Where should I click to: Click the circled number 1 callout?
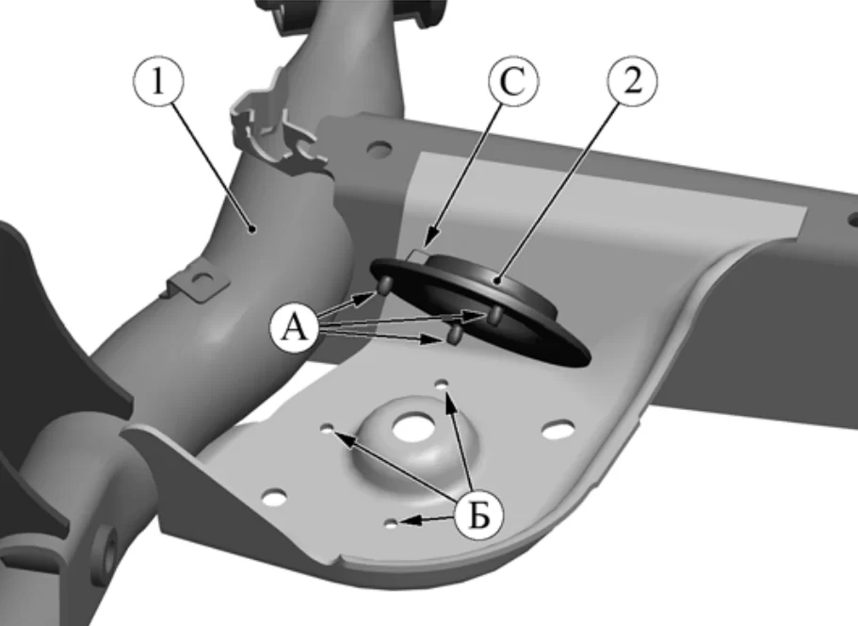[158, 80]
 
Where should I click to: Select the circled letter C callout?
[513, 81]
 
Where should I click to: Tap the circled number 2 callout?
[633, 81]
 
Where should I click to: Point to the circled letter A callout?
[295, 328]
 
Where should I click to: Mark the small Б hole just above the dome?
[442, 383]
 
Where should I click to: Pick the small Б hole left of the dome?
[329, 428]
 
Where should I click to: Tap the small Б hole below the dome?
[391, 523]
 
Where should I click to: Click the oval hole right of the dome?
[558, 429]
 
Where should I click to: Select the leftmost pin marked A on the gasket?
[385, 285]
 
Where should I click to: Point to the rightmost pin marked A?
[495, 314]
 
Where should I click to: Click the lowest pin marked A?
[455, 335]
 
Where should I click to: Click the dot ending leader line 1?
[251, 228]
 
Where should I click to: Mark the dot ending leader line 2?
[497, 281]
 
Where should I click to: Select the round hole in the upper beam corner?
[380, 148]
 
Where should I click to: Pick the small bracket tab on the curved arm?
[197, 282]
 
